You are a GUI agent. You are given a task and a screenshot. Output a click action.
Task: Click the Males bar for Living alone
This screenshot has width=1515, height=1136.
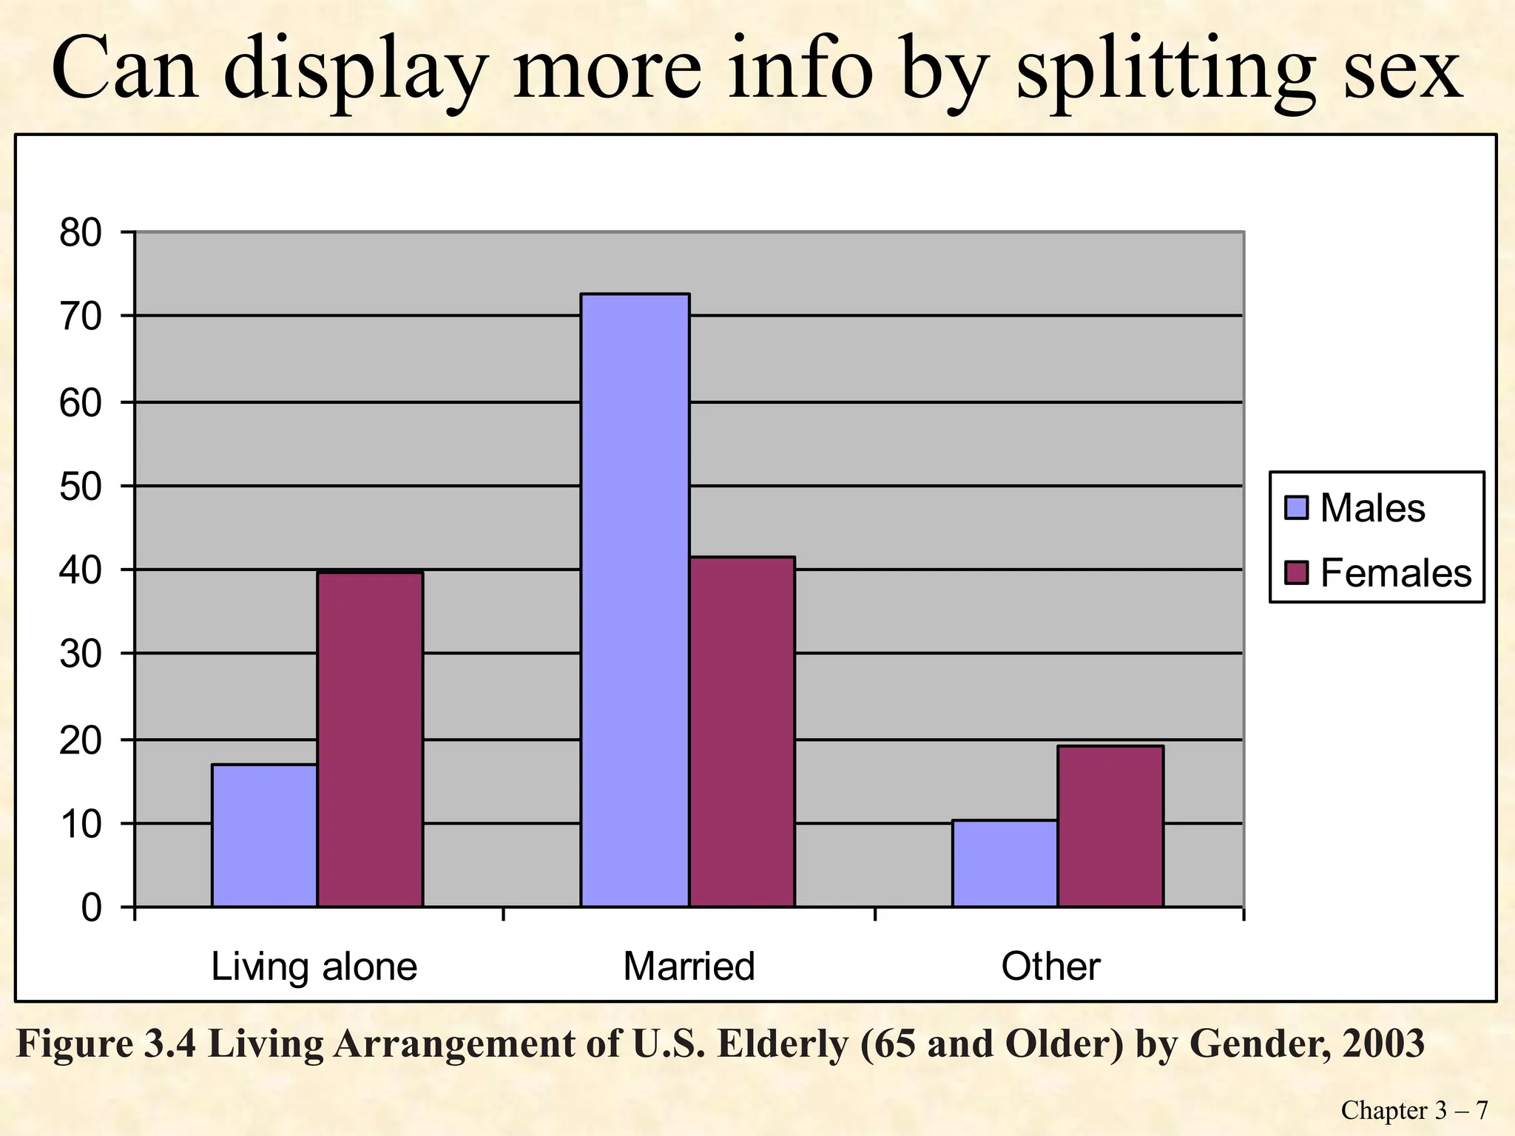(264, 835)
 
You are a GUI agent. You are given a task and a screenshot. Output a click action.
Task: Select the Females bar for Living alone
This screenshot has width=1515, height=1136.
(370, 739)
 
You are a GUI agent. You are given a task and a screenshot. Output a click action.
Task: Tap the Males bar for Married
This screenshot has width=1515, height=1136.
(635, 600)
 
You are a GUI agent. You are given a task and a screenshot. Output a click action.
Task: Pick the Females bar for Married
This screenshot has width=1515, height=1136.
(742, 731)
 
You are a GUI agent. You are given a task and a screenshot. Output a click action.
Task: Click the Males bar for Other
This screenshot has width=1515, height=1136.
(1004, 863)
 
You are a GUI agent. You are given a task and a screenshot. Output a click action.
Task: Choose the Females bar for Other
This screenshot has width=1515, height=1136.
(1110, 826)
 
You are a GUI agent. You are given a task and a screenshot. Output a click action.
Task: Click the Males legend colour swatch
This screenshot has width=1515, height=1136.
(1297, 508)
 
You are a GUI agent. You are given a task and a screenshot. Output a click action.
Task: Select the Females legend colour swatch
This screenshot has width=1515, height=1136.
(1297, 572)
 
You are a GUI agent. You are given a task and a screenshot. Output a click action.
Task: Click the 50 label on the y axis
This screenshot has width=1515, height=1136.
(80, 487)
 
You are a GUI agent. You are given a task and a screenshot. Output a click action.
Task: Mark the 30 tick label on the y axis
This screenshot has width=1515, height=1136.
(80, 655)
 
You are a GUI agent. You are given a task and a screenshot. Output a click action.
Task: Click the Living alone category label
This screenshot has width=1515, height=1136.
(314, 967)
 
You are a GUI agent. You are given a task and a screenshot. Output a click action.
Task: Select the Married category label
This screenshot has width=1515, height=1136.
(689, 967)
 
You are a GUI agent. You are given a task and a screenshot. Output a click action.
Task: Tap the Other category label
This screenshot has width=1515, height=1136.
(1050, 967)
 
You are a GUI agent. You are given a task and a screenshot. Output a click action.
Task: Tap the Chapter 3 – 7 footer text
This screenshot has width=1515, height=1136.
(1414, 1110)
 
